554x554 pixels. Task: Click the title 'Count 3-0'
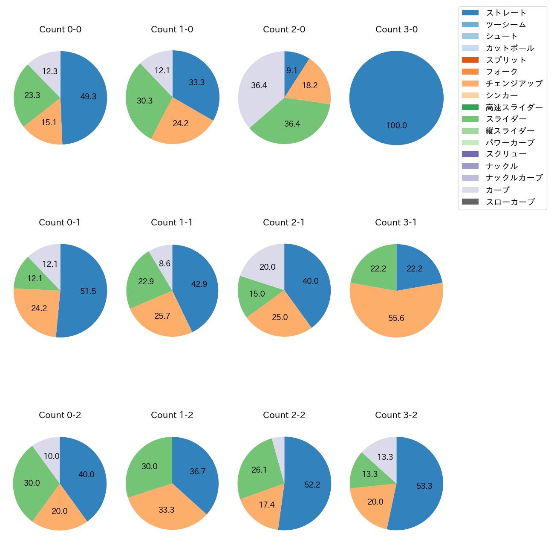coord(396,29)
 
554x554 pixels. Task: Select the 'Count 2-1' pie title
coord(284,222)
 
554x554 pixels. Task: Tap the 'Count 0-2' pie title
coord(60,415)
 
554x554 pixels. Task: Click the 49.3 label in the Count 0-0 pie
coord(88,97)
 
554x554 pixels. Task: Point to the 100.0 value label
coord(396,126)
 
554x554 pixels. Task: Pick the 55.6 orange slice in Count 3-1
coord(396,315)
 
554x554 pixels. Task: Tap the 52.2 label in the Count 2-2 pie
coord(312,485)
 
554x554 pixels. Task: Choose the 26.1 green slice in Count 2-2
coord(259,469)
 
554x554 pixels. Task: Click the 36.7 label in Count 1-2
coord(197,472)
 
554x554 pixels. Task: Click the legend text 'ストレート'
coord(506,13)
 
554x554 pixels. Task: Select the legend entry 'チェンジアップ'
coord(514,84)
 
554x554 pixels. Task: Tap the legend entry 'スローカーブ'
coord(510,202)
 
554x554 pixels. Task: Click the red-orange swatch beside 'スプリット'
coord(470,60)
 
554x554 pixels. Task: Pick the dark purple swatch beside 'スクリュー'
coord(470,154)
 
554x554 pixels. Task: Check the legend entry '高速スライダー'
coord(514,107)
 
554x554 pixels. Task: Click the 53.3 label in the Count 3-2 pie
coord(424,486)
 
